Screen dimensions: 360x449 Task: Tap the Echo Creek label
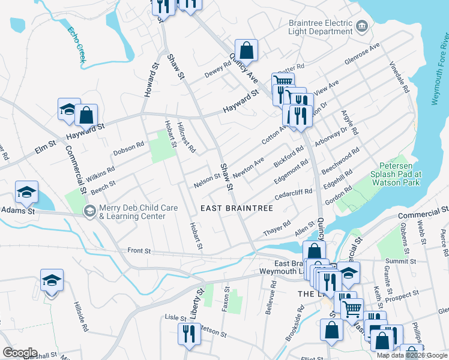tap(77, 44)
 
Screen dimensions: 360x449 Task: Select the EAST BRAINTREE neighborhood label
tap(237, 208)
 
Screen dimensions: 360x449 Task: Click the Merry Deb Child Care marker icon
tap(89, 211)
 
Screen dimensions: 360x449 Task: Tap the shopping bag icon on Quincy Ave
tap(246, 50)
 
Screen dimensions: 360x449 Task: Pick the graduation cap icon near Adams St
tap(26, 191)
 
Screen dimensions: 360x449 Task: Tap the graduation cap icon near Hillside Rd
tap(52, 280)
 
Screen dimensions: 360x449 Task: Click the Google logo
tap(20, 353)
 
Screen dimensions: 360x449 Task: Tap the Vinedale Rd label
tap(399, 77)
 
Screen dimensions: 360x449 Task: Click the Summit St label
tap(401, 262)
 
